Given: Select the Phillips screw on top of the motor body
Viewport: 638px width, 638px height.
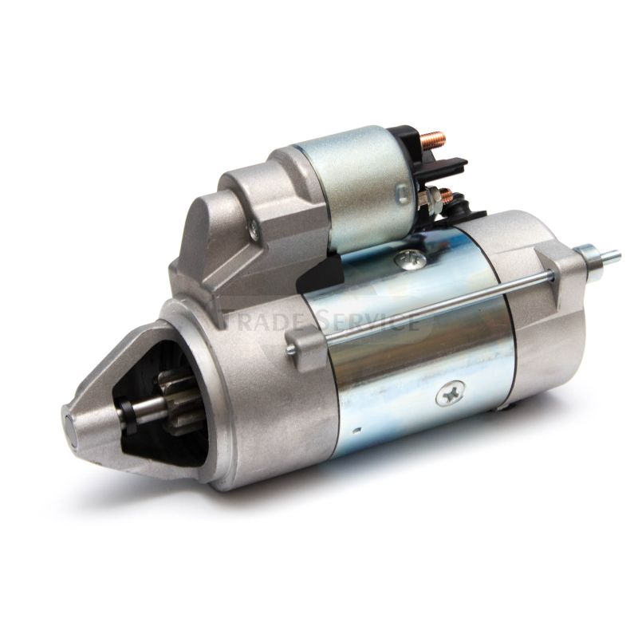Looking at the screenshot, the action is click(410, 258).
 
